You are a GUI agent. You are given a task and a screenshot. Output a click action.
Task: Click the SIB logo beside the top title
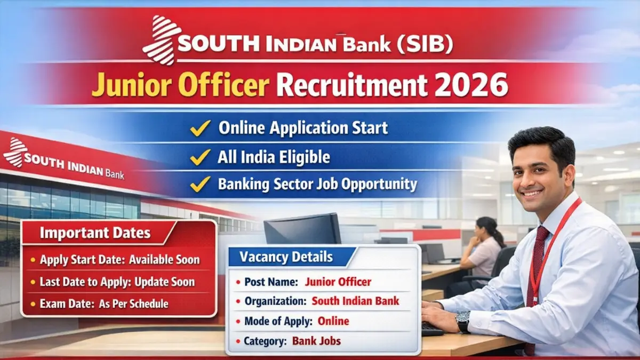point(159,40)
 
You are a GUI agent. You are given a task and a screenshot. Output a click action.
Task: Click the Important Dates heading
point(95,234)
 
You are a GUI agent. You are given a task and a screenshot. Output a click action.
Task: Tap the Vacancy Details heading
point(286,257)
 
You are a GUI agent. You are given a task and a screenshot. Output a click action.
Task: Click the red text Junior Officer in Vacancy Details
point(338,282)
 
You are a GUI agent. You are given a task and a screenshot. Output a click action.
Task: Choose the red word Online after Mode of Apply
point(333,321)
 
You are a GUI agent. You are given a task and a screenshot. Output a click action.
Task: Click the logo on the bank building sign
point(14,153)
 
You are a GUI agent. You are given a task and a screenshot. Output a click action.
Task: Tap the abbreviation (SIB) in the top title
point(425,44)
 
